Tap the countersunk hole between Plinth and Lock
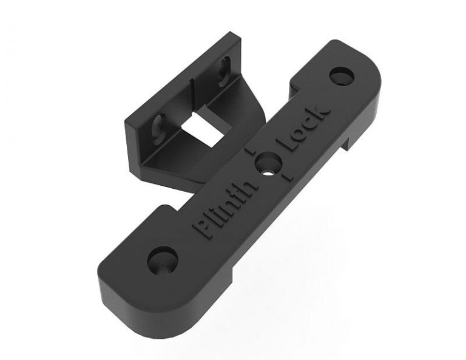[x=268, y=163]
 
